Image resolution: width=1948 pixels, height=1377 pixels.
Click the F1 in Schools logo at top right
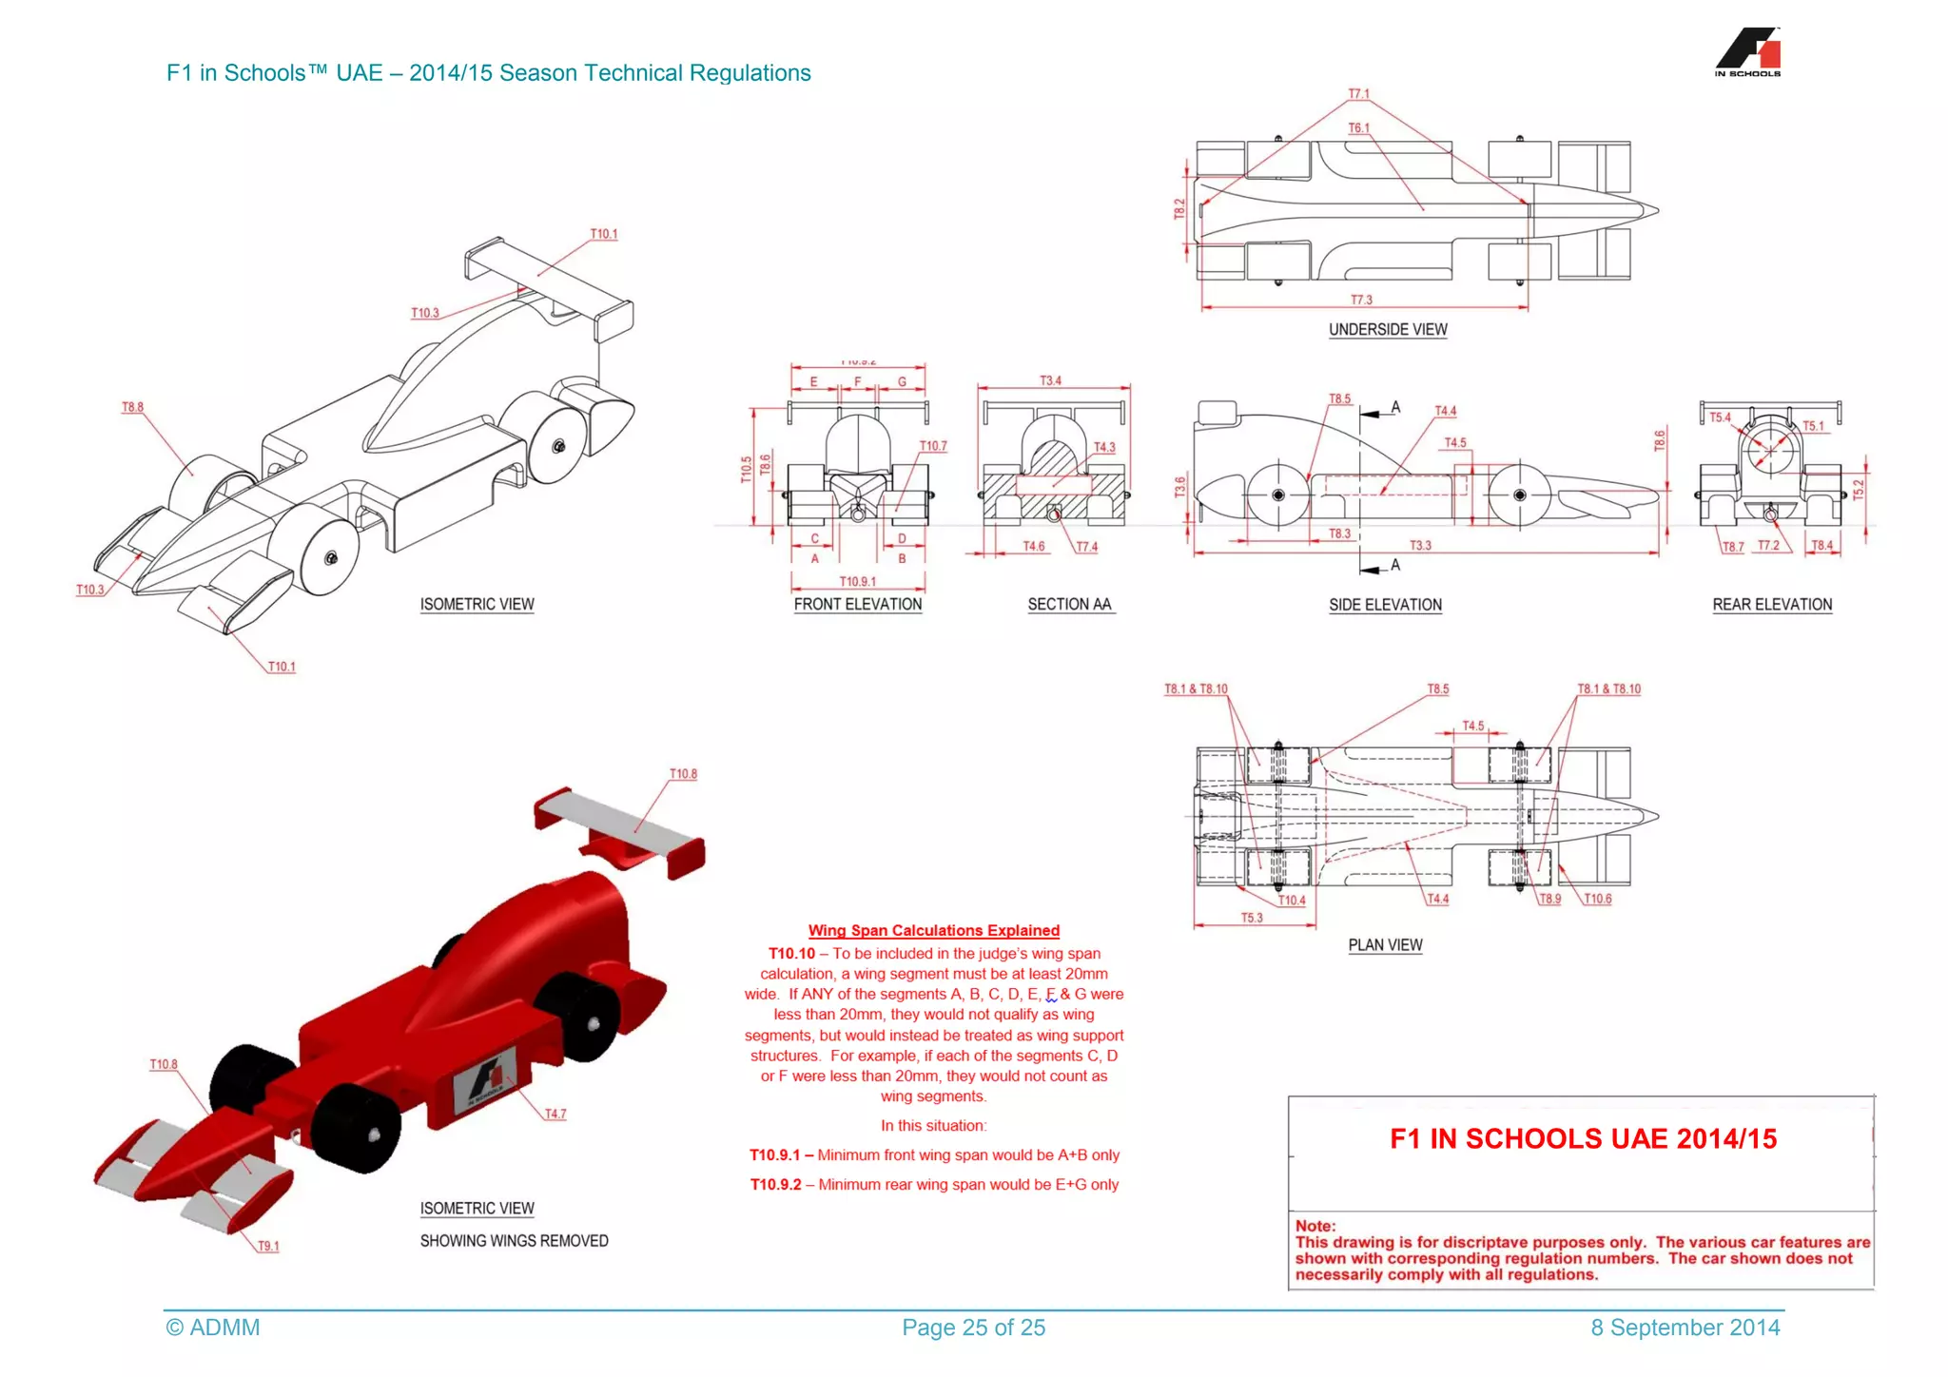[1748, 52]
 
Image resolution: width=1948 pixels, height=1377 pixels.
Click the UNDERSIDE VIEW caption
[1388, 330]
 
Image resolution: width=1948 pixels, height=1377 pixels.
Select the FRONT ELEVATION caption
[857, 605]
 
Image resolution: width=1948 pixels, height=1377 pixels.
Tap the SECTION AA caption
[1069, 605]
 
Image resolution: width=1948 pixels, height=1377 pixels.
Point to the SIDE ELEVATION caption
[1385, 606]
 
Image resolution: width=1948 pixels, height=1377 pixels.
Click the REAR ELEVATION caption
[1772, 605]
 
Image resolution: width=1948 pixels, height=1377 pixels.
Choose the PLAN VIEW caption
[1385, 945]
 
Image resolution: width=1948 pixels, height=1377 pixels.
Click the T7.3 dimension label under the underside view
[1361, 301]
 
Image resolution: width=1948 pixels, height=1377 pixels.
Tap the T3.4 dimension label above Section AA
[1050, 381]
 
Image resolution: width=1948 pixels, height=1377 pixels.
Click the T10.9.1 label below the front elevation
[857, 582]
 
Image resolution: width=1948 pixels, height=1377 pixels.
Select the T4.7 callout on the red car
[555, 1114]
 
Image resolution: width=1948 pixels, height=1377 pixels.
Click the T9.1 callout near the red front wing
[268, 1246]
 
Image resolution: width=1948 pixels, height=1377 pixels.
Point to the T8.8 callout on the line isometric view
[132, 408]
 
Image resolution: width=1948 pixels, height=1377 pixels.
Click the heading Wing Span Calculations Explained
[933, 931]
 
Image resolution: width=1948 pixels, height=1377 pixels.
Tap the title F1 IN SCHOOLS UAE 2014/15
[1583, 1139]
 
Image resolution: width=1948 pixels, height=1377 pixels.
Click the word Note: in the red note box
[1315, 1227]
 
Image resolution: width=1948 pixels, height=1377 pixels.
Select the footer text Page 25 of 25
[973, 1328]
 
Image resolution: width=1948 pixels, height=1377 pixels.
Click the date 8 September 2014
[1685, 1328]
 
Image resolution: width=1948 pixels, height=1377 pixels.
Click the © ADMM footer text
[213, 1328]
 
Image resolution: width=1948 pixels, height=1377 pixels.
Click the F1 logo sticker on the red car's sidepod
[483, 1083]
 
